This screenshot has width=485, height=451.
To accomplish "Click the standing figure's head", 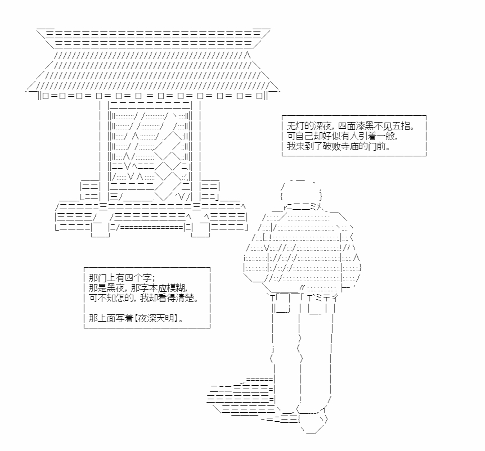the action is pos(302,192).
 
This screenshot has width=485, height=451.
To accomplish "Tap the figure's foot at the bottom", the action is pos(313,424).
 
